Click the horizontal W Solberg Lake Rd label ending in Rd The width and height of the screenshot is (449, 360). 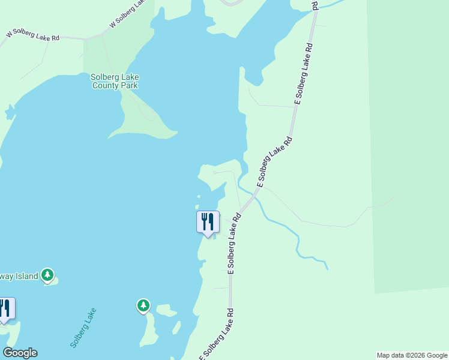click(32, 36)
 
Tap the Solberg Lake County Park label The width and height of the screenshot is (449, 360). click(115, 81)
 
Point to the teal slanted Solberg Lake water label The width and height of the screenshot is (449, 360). click(83, 328)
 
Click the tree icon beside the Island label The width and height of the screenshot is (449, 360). click(48, 275)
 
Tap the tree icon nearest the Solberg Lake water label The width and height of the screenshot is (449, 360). click(143, 306)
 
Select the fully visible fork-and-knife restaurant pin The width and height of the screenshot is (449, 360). click(208, 222)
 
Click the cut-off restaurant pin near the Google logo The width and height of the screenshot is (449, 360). click(5, 308)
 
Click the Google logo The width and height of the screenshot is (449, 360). click(20, 353)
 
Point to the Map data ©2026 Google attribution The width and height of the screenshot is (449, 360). click(412, 355)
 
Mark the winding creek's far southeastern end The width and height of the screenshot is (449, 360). click(327, 268)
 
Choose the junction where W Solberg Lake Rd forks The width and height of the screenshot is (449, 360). click(88, 38)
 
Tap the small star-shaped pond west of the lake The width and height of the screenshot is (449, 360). click(9, 112)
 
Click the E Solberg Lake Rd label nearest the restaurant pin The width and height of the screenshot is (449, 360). click(234, 243)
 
